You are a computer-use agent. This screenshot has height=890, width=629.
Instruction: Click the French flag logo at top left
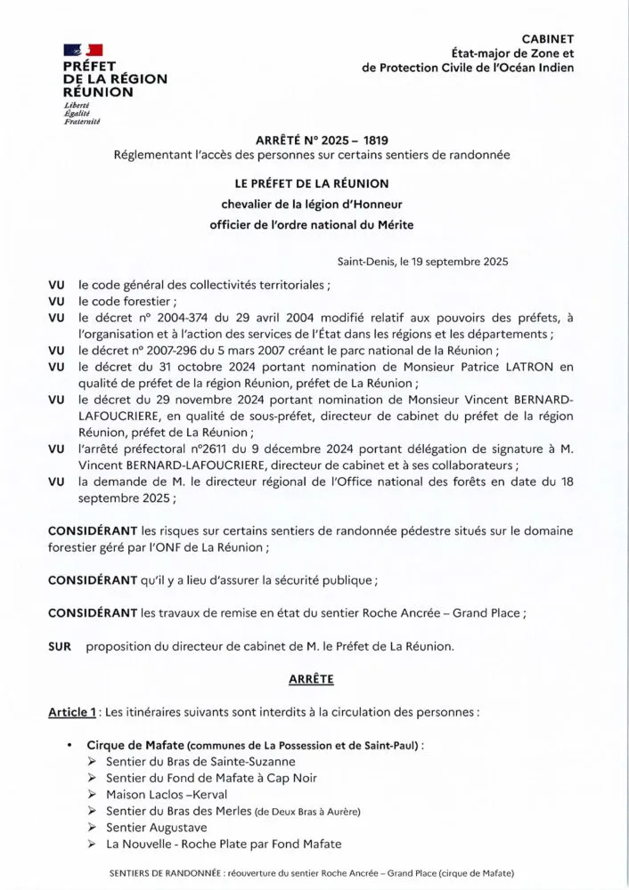(83, 50)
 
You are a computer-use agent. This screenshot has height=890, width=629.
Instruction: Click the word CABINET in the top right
(547, 38)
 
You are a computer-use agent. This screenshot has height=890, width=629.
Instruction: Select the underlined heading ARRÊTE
(311, 679)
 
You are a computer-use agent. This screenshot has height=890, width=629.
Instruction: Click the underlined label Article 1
(72, 713)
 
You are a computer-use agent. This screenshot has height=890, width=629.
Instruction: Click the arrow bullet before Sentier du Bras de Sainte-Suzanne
(93, 762)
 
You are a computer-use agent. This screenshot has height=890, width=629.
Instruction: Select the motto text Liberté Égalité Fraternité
(82, 113)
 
